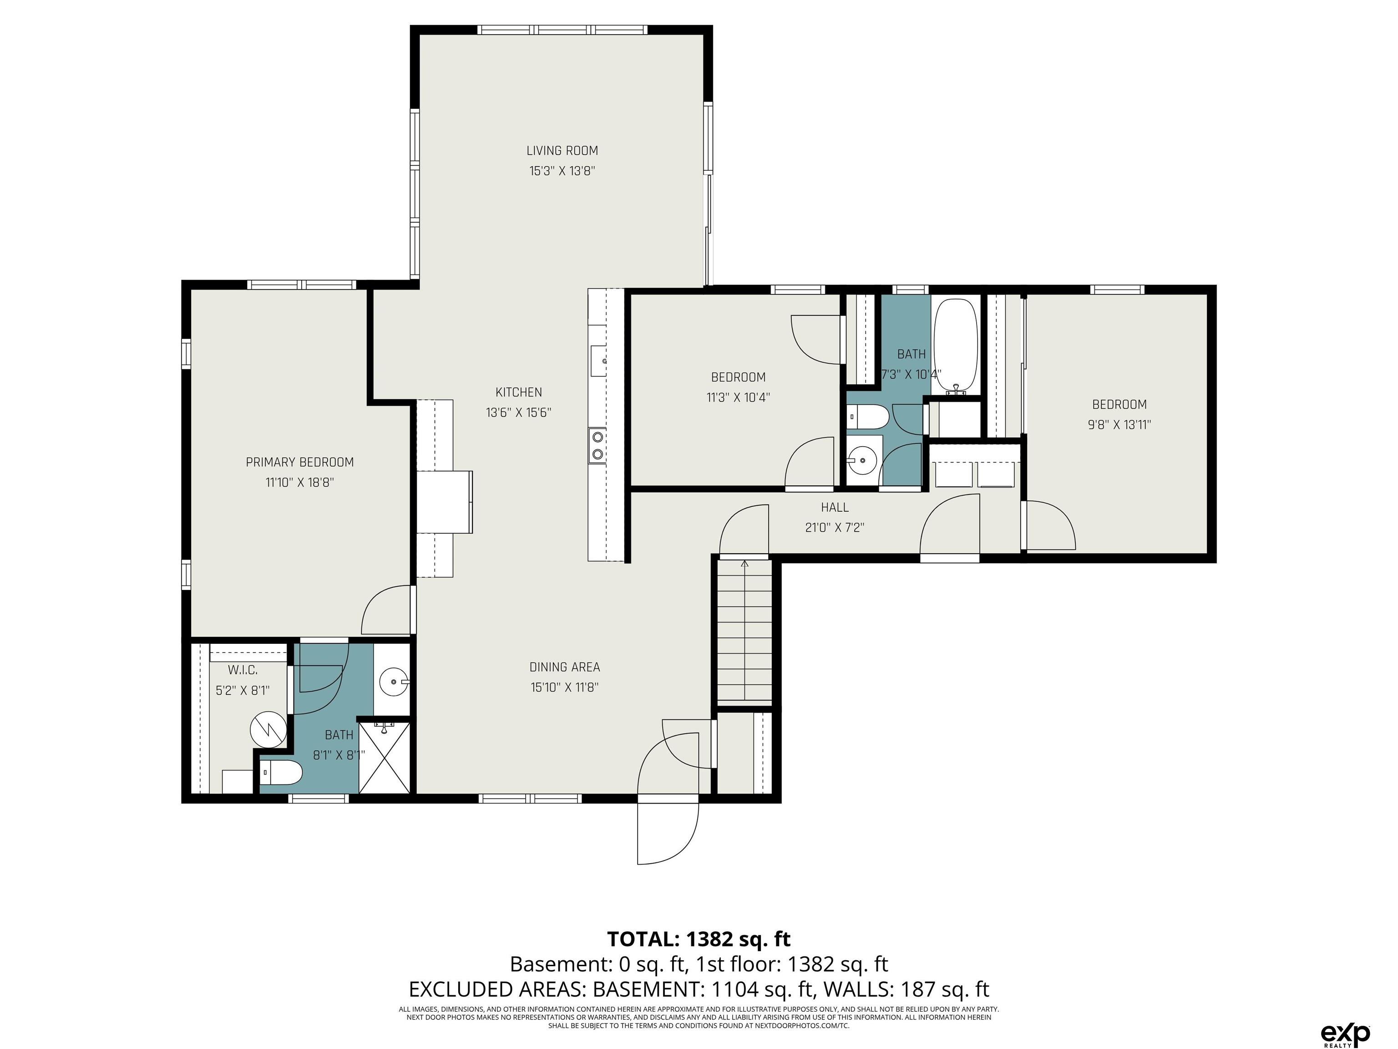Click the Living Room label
tap(562, 151)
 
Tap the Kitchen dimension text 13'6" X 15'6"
tap(518, 412)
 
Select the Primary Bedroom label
tap(299, 462)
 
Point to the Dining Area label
tap(564, 667)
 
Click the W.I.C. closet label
tap(243, 670)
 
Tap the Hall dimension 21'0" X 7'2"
tap(834, 527)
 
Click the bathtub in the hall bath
tap(956, 346)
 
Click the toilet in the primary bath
tap(282, 772)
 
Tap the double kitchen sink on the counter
tap(597, 445)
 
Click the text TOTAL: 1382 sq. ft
tap(699, 938)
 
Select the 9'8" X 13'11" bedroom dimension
tap(1119, 425)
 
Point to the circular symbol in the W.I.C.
tap(268, 728)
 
